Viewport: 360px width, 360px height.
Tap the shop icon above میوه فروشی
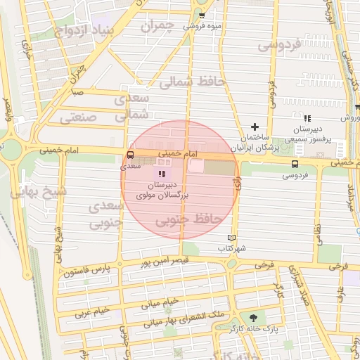[x=202, y=15]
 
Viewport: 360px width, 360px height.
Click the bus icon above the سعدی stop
[x=130, y=156]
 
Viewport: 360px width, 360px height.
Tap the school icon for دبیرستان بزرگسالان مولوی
[x=163, y=173]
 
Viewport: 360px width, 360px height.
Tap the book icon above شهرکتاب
[x=233, y=238]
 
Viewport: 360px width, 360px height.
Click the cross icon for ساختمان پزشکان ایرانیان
[x=255, y=127]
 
